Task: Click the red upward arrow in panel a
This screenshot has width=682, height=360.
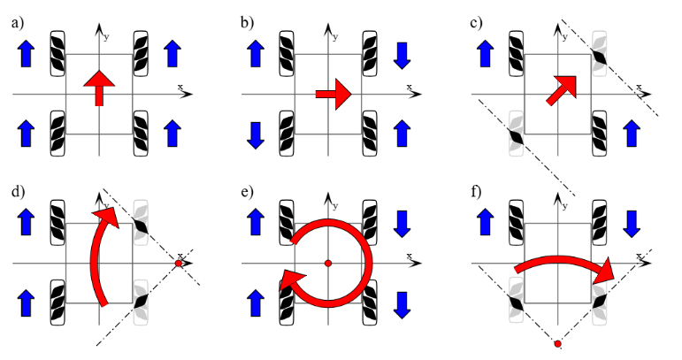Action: coord(100,89)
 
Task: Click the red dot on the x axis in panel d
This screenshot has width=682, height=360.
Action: coord(179,264)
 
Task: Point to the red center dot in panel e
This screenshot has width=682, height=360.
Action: coord(328,264)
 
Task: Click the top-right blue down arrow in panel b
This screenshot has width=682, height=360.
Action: coord(402,55)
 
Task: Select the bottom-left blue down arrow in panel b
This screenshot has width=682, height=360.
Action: coord(257,134)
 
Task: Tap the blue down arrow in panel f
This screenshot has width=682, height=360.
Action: coord(631,225)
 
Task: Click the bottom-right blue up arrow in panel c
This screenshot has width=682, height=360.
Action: coord(631,134)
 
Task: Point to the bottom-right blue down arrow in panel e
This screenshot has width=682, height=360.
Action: coord(402,303)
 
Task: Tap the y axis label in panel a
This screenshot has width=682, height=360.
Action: coord(107,37)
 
